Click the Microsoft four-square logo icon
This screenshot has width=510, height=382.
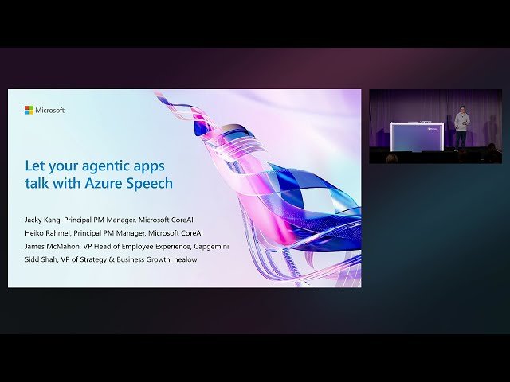(29, 110)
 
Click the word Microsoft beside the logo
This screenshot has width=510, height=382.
(50, 110)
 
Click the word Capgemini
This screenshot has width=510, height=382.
(212, 247)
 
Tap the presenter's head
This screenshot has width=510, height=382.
(461, 112)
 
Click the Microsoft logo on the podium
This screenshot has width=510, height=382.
(433, 126)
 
